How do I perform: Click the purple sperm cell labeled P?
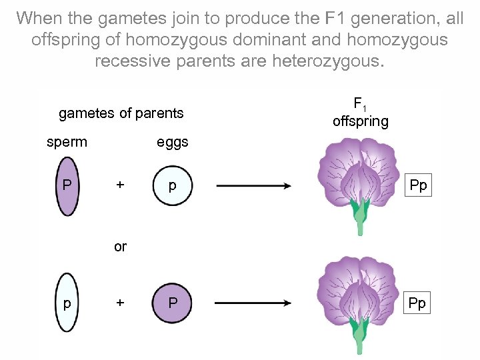[x=67, y=186]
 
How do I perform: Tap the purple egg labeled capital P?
[x=172, y=303]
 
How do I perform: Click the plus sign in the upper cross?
[x=120, y=185]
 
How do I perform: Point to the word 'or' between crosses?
[x=120, y=247]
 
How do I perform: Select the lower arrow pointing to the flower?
[x=253, y=303]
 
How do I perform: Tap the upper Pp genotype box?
[x=418, y=185]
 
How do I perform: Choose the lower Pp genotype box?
[x=418, y=303]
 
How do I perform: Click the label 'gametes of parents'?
[x=121, y=113]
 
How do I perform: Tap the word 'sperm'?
[x=67, y=142]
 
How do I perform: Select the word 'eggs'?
[x=172, y=142]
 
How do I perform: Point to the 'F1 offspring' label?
[x=361, y=113]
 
